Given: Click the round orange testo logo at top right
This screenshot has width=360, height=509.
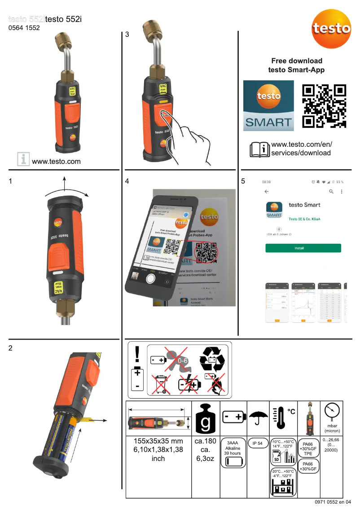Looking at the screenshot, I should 332,28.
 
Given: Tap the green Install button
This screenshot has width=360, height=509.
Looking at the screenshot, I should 303,248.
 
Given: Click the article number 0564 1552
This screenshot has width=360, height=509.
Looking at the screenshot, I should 24,28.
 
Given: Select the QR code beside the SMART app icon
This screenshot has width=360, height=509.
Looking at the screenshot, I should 324,106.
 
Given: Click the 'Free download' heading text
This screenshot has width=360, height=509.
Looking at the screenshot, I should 296,61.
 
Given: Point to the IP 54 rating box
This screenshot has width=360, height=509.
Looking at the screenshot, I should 257,443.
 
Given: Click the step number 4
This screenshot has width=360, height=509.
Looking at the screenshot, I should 127,181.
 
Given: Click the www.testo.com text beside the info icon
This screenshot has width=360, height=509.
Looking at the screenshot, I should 56,161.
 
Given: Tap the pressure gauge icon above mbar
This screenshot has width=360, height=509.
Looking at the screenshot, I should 332,411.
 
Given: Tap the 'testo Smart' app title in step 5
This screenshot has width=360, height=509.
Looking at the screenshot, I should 304,205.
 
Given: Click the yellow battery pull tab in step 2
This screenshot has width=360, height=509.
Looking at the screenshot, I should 88,420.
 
